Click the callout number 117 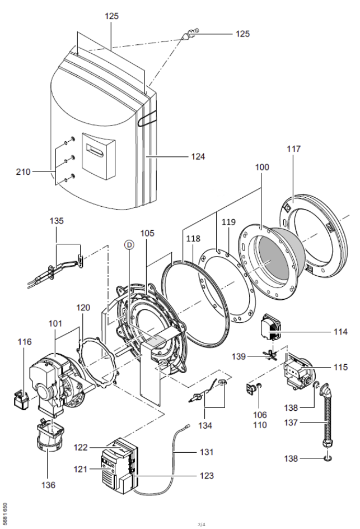pyautogui.click(x=293, y=149)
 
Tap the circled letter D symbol pyautogui.click(x=129, y=245)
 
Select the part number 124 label pyautogui.click(x=198, y=156)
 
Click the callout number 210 pyautogui.click(x=24, y=171)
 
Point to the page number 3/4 pyautogui.click(x=201, y=525)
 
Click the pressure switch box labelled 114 pyautogui.click(x=272, y=327)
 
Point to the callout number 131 pyautogui.click(x=206, y=452)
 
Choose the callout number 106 pyautogui.click(x=260, y=415)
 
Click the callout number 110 pyautogui.click(x=260, y=425)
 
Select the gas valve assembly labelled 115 pyautogui.click(x=298, y=372)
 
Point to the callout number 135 pyautogui.click(x=57, y=221)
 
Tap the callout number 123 pyautogui.click(x=206, y=475)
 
